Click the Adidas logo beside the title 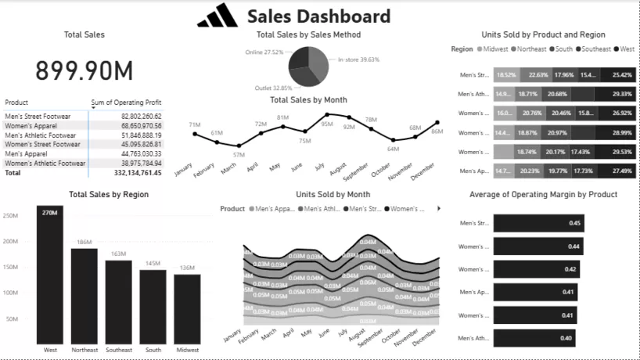tap(217, 16)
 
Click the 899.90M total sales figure tap(84, 71)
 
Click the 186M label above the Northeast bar tap(84, 243)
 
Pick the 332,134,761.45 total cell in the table tap(138, 173)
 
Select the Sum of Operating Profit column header tap(127, 103)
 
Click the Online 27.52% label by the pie tap(264, 52)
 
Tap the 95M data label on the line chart tap(326, 124)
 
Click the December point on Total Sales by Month tap(437, 122)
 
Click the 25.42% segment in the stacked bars tap(622, 75)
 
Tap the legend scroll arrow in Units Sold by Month tap(438, 209)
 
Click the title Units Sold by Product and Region tap(543, 34)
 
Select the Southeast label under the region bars tap(118, 350)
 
